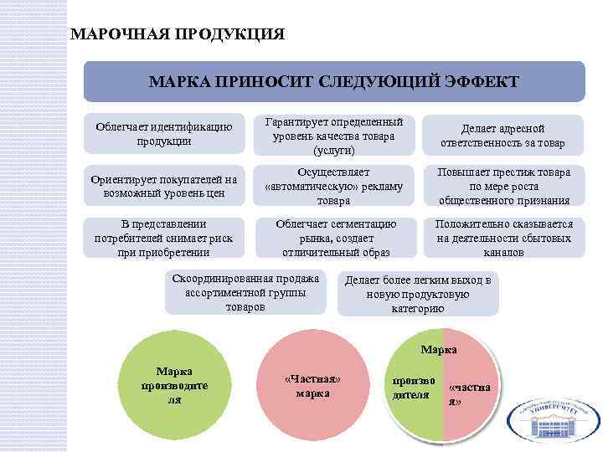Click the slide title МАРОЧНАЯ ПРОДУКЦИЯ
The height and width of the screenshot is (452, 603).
(x=178, y=35)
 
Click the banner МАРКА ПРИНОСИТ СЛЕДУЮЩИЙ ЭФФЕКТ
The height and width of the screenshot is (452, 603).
(x=333, y=82)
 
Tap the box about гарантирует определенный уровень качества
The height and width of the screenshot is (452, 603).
(x=333, y=135)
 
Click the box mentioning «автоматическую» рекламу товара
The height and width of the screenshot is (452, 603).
(x=333, y=186)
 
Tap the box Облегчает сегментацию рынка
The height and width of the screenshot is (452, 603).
(x=333, y=238)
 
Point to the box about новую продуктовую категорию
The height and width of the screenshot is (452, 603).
(x=417, y=294)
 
